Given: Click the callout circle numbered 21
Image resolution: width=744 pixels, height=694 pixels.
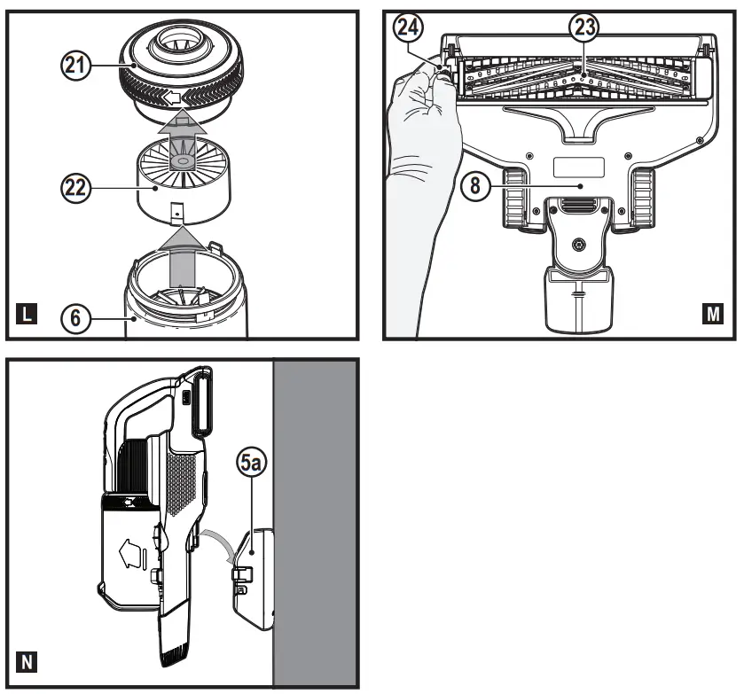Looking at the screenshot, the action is [76, 65].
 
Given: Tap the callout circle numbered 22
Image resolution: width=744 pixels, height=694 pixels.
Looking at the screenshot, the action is [76, 188].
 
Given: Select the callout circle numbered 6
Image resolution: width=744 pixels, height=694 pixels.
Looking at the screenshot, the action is [76, 317].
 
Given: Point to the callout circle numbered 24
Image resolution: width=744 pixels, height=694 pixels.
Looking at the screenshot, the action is [408, 27].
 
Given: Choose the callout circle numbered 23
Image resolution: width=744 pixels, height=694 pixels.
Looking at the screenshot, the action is [584, 27].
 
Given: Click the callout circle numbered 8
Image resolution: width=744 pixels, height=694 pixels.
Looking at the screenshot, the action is [475, 185].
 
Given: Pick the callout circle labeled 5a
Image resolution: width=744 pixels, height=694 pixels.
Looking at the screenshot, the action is [252, 464].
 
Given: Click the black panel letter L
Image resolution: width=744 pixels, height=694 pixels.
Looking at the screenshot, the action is [27, 314].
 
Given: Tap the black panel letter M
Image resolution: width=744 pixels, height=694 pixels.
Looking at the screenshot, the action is [713, 314].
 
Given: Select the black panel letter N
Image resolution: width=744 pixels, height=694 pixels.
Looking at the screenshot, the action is [27, 662].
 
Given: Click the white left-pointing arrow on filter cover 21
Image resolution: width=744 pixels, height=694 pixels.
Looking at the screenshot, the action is [172, 98].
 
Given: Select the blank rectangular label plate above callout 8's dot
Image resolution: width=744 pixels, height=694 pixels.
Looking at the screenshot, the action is [579, 168].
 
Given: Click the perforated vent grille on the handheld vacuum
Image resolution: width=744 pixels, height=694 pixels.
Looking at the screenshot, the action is [182, 483].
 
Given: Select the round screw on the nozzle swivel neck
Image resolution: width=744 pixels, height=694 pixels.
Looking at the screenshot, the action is [579, 245].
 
